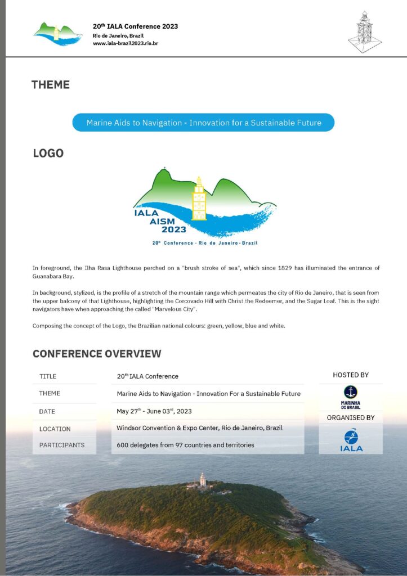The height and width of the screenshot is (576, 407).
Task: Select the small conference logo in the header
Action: coord(58,33)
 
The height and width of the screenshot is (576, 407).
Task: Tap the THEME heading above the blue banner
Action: coord(51,85)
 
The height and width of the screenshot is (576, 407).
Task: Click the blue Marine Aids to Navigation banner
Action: coord(203,123)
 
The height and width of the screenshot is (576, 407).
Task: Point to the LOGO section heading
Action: coord(48,153)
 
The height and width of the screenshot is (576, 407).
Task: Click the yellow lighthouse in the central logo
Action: coord(199,199)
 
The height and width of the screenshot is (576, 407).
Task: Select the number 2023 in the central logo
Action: coord(174,229)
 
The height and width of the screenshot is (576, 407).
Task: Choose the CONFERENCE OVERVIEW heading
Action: coord(97,354)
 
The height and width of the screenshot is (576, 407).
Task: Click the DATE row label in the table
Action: coord(47,412)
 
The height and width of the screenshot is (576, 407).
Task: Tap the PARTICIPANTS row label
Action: coord(62,445)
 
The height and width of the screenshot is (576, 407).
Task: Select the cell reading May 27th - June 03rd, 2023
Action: coord(154,411)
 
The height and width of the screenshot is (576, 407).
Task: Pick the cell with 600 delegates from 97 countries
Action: coord(185,445)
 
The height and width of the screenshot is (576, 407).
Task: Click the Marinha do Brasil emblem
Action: coord(351,396)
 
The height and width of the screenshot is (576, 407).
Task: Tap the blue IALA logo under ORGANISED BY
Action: coord(351,440)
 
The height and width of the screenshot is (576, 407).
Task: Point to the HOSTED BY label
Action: coord(351,375)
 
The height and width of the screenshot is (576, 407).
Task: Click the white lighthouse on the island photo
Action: coord(203,479)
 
